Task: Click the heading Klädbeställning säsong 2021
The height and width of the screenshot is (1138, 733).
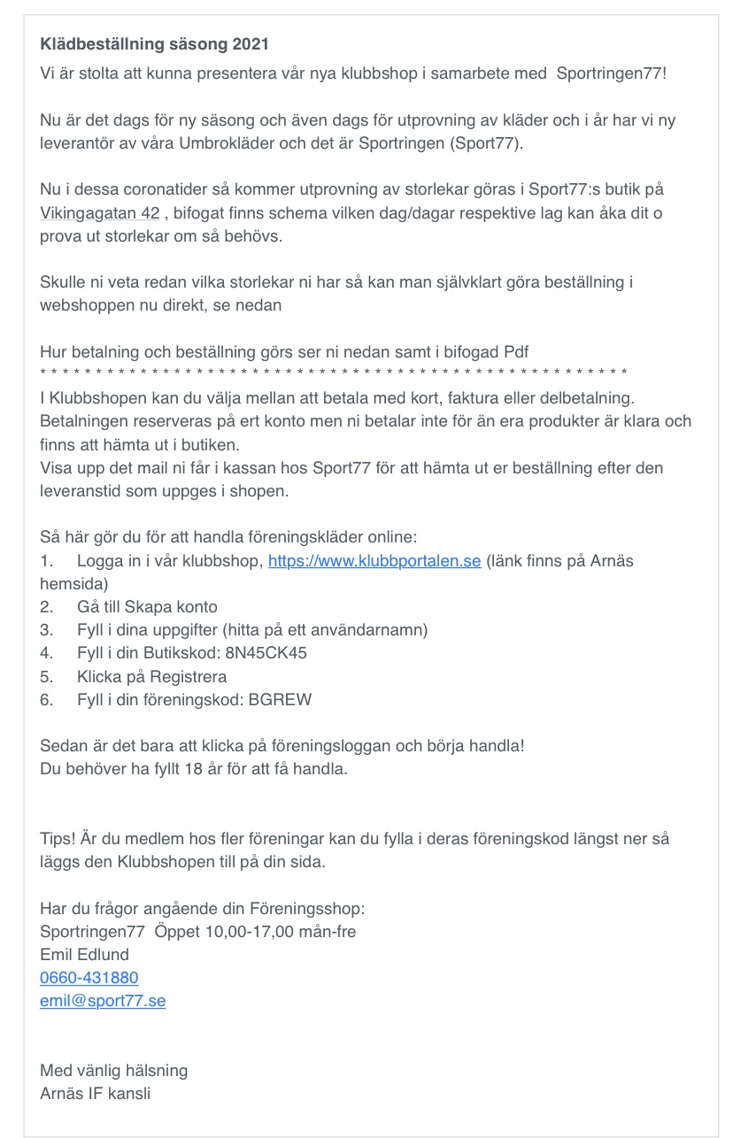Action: coord(155,43)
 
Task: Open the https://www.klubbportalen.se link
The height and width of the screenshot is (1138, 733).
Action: coord(374,561)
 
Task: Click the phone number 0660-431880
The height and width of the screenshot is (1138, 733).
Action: coord(89,978)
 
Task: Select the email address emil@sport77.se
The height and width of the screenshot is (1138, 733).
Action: coord(103,1001)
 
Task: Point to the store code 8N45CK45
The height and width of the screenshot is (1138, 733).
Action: coord(266,653)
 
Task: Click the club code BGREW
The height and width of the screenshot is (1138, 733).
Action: coord(282,699)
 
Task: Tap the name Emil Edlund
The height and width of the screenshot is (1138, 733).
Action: coord(85,955)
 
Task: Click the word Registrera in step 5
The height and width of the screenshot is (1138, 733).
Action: coord(186,676)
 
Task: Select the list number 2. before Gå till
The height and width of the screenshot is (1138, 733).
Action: coord(48,607)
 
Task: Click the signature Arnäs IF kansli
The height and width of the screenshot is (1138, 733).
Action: coord(96,1093)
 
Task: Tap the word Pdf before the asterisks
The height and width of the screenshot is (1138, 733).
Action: coord(515,351)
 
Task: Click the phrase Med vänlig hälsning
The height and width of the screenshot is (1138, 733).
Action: coord(114,1070)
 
